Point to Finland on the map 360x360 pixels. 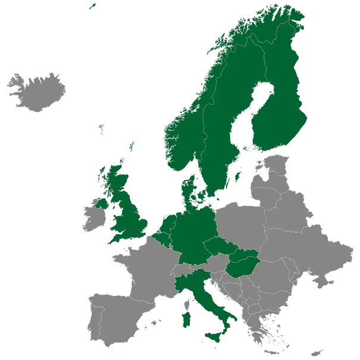pos(280,113)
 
